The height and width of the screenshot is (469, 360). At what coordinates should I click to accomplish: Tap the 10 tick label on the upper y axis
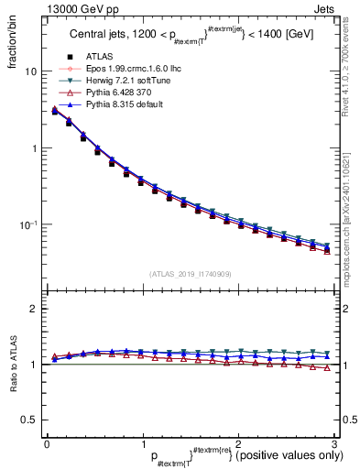click(31, 71)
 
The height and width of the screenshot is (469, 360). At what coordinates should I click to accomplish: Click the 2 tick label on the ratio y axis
click(35, 309)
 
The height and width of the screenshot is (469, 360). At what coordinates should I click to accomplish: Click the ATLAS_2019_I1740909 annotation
click(189, 274)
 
